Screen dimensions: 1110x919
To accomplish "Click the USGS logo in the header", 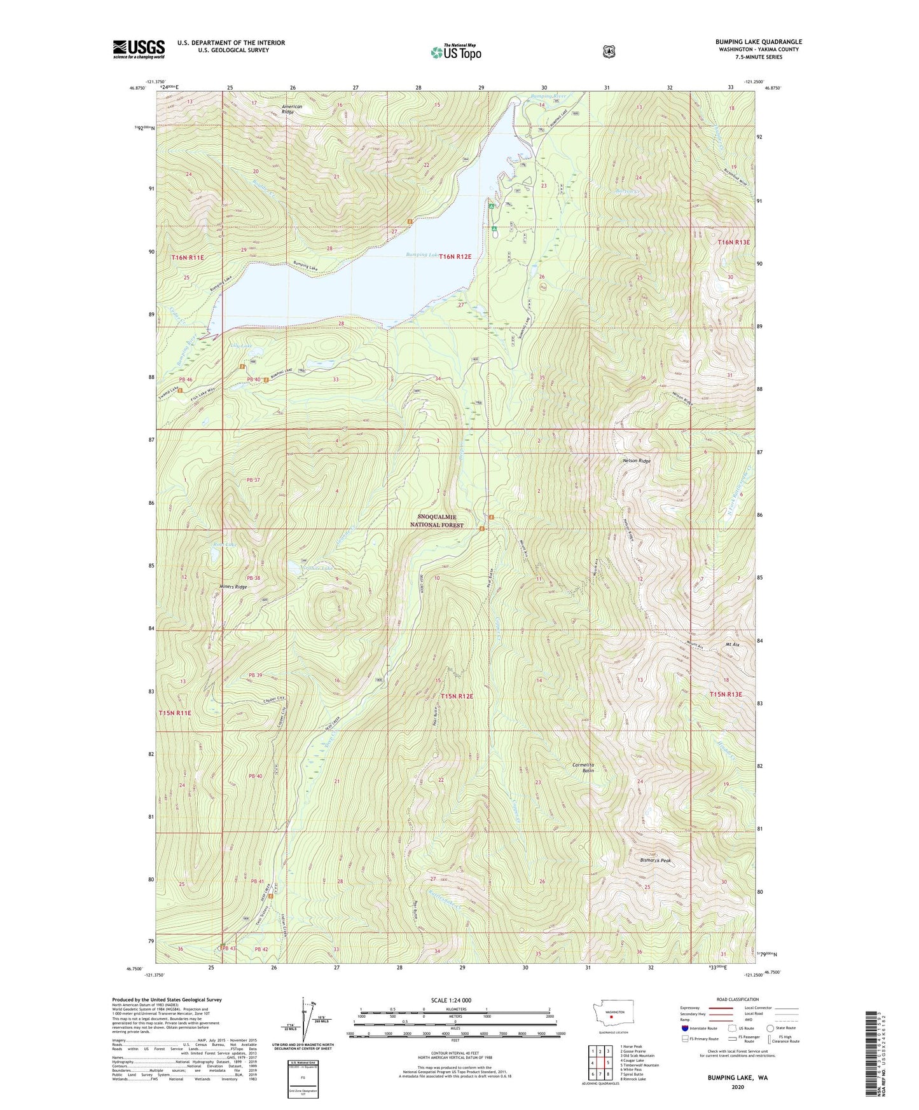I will click(139, 49).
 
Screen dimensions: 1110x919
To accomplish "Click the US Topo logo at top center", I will click(455, 52).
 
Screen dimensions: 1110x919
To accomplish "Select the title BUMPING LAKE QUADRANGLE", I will click(758, 42).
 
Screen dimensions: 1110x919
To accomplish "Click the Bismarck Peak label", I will click(656, 860).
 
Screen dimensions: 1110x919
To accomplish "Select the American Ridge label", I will click(292, 109).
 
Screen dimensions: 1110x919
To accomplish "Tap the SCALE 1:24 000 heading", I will click(451, 1000).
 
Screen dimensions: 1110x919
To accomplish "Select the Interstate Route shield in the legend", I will click(684, 1027).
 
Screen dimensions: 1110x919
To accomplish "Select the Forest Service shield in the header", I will click(609, 52).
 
